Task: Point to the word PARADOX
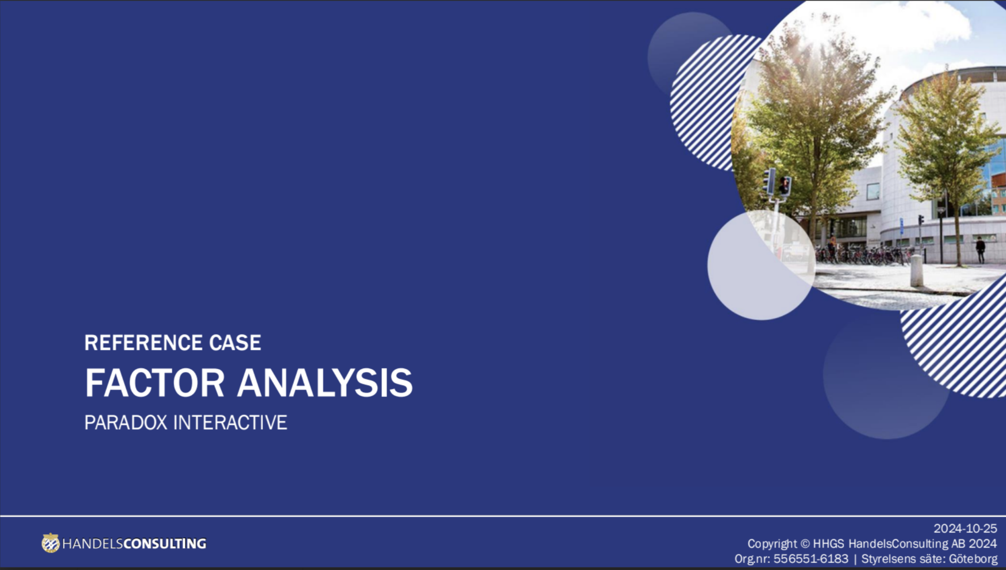[126, 423]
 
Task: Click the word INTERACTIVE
[230, 423]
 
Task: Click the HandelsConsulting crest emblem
[51, 543]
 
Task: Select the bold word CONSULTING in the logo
[165, 544]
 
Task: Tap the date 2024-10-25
[965, 529]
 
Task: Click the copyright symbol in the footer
[805, 544]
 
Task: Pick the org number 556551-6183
[811, 559]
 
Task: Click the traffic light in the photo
[785, 186]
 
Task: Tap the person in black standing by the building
[980, 250]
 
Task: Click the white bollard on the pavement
[917, 270]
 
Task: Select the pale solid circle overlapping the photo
[761, 265]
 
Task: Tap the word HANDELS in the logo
[92, 544]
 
